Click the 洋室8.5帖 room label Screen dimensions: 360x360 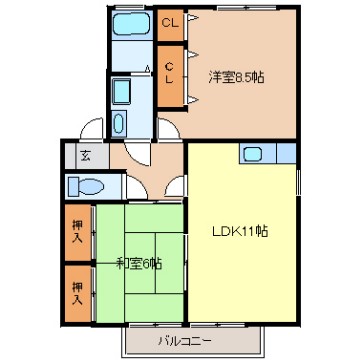[236, 78]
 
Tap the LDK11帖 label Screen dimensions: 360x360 [240, 231]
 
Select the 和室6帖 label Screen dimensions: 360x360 [139, 264]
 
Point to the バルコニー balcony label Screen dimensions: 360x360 [184, 341]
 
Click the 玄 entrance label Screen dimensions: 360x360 [86, 155]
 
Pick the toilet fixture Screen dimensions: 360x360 [86, 186]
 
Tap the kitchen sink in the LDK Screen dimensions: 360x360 [252, 154]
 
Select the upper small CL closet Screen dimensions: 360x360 [170, 24]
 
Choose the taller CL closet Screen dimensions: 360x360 [170, 76]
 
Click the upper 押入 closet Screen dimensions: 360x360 [78, 232]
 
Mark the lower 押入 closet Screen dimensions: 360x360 [78, 294]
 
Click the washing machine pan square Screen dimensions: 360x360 [121, 91]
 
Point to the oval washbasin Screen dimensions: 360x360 [119, 123]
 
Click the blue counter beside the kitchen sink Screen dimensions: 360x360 [286, 153]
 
